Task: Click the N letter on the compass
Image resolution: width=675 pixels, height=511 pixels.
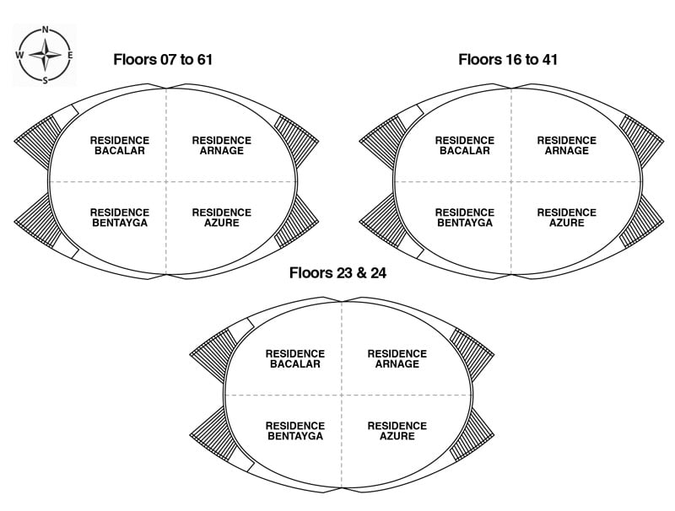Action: pos(45,30)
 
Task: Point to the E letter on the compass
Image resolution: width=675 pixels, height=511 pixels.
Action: pos(69,56)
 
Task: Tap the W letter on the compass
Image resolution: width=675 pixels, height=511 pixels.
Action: pos(19,56)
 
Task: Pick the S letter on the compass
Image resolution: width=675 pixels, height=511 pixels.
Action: pos(45,80)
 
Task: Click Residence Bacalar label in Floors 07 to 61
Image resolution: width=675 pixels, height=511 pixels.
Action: pos(120,145)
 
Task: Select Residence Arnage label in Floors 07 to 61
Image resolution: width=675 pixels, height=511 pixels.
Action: pos(221,145)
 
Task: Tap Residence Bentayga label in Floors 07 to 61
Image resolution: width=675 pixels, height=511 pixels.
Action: pos(120,218)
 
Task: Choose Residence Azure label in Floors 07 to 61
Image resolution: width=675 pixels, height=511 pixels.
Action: pos(221,218)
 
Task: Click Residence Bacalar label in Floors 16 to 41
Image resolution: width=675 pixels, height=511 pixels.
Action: pos(465,145)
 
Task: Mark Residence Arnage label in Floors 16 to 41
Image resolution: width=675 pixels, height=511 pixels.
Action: pos(566,145)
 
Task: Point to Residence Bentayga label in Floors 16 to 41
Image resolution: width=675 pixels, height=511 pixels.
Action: pos(465,218)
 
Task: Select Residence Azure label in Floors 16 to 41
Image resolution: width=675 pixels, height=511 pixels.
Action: pos(566,218)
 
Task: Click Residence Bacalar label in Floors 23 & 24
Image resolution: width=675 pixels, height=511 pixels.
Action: pos(295,358)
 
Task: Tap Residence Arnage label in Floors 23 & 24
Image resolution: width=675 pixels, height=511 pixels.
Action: pos(397,358)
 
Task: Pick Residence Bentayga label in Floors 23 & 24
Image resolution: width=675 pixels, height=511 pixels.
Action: pos(295,431)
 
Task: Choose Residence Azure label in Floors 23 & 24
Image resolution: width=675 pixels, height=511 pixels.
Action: pos(397,431)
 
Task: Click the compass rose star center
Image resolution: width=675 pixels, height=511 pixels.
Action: pos(45,56)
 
